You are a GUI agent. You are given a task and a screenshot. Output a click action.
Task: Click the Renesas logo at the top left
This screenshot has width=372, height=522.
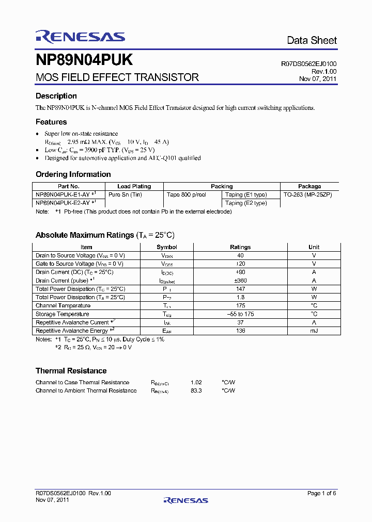coord(80,36)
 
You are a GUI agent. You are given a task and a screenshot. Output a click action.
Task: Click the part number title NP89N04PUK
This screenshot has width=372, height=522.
coord(84,60)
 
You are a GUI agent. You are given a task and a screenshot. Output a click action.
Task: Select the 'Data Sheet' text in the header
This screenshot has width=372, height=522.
coord(312,40)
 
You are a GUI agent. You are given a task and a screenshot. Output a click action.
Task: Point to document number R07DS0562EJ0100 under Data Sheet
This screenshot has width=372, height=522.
coord(308,64)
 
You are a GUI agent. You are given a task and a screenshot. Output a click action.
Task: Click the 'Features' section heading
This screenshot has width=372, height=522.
coord(51,122)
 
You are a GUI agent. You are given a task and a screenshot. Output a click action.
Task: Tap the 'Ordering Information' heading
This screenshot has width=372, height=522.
coord(73,174)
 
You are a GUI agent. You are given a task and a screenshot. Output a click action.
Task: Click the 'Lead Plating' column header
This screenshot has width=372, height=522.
coord(134,186)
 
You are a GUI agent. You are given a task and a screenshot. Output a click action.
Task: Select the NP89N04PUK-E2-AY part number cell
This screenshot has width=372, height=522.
coord(63,203)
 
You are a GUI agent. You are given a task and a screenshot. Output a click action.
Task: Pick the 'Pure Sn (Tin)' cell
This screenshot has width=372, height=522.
coord(125,194)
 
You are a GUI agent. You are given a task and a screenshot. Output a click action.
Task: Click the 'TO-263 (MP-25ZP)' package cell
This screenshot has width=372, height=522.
coord(308,194)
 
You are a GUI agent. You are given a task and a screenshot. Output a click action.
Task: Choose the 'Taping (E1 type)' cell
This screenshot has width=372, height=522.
coord(246,194)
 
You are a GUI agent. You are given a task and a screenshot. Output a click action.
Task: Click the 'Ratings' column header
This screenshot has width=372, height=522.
coord(240,247)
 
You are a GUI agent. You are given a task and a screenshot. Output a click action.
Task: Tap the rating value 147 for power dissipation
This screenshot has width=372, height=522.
coord(240,289)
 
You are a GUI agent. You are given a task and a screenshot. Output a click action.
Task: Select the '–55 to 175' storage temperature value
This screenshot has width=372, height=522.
coord(240,314)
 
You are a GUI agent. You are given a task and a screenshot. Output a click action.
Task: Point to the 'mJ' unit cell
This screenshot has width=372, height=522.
coord(314,331)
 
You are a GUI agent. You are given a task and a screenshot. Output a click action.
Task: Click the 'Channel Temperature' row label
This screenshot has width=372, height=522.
coord(63,306)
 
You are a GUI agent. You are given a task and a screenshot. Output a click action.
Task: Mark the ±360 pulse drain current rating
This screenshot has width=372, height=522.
coord(240,281)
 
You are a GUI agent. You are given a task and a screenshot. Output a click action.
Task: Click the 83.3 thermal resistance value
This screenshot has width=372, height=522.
coord(196,390)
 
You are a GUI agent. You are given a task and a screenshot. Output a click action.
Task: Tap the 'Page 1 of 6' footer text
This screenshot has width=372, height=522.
coord(321,493)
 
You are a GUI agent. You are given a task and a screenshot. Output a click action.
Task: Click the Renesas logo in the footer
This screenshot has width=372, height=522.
coord(185,500)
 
